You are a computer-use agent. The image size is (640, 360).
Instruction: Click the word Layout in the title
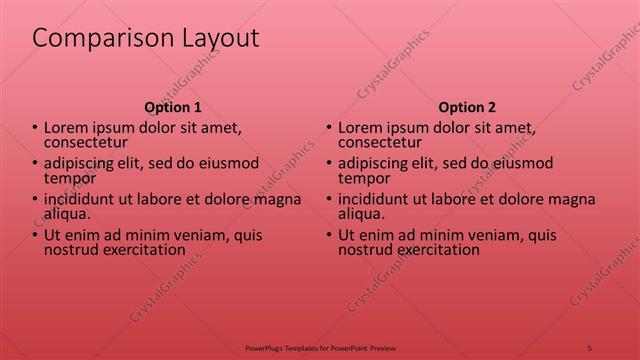pos(214,39)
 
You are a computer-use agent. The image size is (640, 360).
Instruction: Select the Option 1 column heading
pos(173,107)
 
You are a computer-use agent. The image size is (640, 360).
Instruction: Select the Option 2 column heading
pos(466,107)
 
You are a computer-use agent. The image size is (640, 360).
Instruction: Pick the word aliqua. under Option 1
pos(67,213)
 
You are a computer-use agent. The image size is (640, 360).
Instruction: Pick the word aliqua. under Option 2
pos(361,213)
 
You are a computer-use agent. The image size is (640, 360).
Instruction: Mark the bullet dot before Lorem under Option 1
pos(35,128)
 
